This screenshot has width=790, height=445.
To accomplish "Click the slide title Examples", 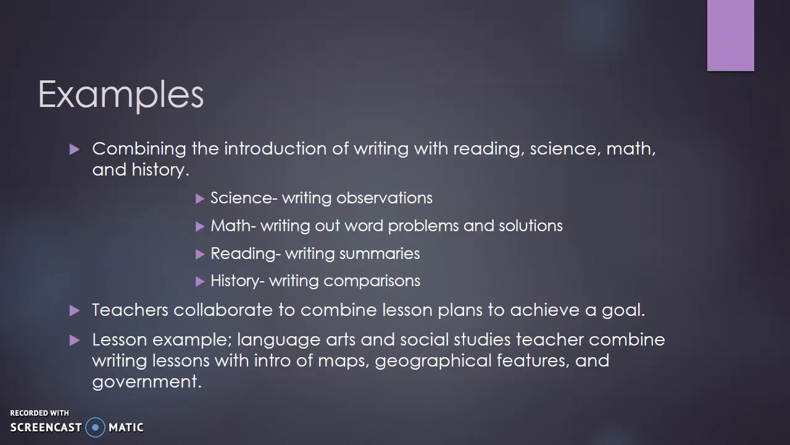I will [121, 95].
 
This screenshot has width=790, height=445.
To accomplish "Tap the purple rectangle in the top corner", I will [730, 35].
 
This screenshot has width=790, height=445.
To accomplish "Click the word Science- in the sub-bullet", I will [244, 198].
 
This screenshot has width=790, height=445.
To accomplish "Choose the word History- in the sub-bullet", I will [237, 281].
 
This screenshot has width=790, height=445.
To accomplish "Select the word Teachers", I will [130, 310].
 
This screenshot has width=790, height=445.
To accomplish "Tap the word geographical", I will [433, 360].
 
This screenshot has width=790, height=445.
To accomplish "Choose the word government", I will [146, 381].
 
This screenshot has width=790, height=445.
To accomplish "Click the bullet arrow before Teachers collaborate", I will [75, 310].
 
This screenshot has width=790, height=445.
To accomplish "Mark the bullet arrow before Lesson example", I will [75, 340].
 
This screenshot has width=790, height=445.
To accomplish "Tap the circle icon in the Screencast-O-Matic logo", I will [95, 427].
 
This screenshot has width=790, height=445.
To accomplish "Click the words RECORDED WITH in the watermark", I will [39, 413].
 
